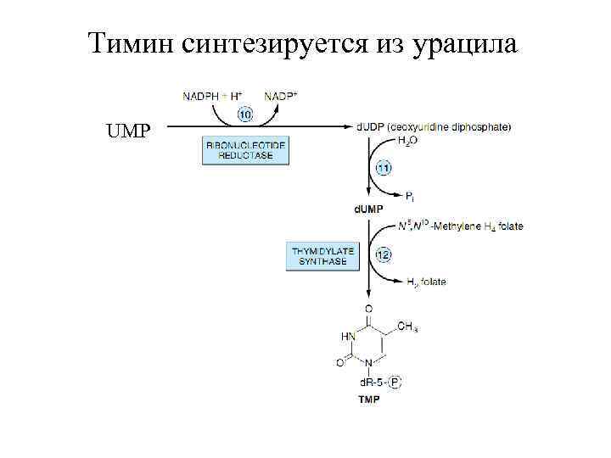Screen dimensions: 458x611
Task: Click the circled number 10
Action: [x=244, y=113]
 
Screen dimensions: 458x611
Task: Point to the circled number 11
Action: [x=384, y=168]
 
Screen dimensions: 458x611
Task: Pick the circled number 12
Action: [x=384, y=254]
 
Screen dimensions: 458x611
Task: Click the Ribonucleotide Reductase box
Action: [x=246, y=152]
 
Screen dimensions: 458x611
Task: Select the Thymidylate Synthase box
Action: [x=323, y=255]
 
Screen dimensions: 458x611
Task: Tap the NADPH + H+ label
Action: [x=210, y=97]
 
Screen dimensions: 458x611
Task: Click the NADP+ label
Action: [x=279, y=97]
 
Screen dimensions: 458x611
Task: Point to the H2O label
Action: [x=407, y=142]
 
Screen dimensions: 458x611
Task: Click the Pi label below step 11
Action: [x=409, y=196]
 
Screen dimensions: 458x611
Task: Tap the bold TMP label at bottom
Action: [x=368, y=399]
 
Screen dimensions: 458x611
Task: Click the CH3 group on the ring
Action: [x=407, y=327]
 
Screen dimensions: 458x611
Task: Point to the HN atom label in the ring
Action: [x=348, y=336]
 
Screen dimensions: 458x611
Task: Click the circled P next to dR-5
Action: [x=395, y=383]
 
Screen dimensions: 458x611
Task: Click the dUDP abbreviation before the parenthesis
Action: [x=368, y=127]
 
